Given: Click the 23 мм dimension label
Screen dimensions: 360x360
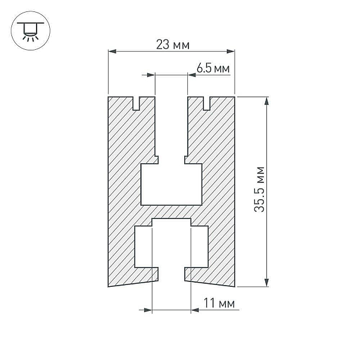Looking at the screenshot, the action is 173,44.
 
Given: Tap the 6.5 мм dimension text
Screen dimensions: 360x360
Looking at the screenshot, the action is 213,68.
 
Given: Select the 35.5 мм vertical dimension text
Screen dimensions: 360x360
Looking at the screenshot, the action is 260,190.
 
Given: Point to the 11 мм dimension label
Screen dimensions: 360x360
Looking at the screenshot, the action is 219,303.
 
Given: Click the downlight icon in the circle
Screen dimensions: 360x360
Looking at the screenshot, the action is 31,31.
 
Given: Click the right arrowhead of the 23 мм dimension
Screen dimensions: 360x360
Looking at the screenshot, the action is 231,51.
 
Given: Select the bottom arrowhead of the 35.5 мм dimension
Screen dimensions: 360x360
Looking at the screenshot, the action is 266,283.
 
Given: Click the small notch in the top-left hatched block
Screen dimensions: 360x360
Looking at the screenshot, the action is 136,103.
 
